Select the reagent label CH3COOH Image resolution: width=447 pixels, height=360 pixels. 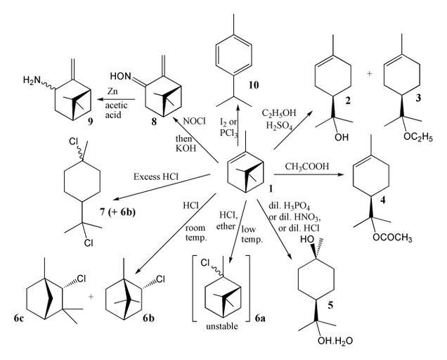(x=309, y=167)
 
